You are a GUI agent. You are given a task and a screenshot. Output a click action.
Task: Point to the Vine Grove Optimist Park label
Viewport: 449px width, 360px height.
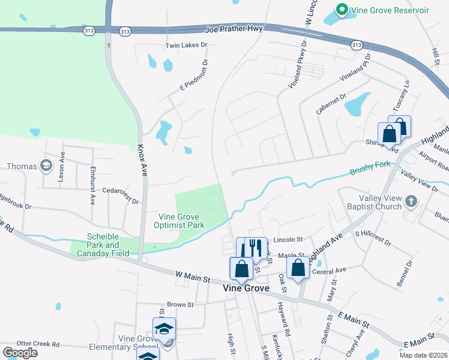[x=181, y=221]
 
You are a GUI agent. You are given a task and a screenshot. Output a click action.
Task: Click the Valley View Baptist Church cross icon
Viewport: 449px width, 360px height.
[x=411, y=201]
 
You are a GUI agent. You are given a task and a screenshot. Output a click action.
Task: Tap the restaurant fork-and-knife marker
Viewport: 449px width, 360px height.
[x=256, y=248]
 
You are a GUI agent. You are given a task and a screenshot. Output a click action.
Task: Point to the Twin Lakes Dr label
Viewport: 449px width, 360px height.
[x=186, y=45]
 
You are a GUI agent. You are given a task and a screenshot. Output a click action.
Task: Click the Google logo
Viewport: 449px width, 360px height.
[x=20, y=352]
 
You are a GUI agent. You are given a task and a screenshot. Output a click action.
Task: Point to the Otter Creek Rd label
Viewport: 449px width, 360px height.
[x=38, y=344]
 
